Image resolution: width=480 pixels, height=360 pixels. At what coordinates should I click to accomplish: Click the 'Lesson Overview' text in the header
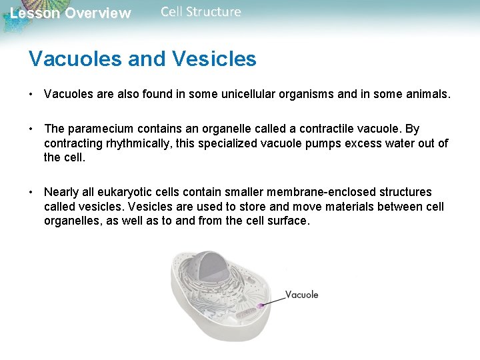coord(71,13)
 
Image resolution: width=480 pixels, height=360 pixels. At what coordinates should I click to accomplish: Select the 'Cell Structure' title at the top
coord(201,12)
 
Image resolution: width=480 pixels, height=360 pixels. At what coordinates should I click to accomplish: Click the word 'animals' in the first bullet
coord(428,95)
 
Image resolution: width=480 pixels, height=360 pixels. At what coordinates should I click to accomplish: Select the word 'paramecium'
coord(97,129)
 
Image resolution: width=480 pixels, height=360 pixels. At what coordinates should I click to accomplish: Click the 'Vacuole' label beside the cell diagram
coord(301,295)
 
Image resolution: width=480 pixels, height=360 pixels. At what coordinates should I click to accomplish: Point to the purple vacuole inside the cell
coord(259,306)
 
